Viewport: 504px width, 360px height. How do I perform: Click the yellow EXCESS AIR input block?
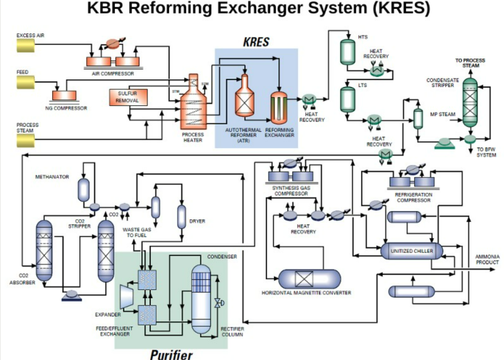click(x=25, y=45)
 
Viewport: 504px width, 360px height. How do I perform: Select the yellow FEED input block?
click(x=25, y=82)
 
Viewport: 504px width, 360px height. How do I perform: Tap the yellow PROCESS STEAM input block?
click(x=25, y=141)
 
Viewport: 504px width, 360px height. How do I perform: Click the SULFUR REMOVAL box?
click(x=127, y=97)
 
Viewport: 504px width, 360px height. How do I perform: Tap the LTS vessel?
click(x=347, y=100)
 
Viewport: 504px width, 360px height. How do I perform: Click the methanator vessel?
click(x=84, y=189)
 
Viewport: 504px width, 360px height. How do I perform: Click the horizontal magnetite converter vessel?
click(x=310, y=279)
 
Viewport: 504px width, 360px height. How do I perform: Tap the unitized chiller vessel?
click(x=412, y=251)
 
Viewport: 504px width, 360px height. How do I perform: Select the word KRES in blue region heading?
click(x=256, y=42)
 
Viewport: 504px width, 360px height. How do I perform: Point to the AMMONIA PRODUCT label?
click(x=487, y=259)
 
